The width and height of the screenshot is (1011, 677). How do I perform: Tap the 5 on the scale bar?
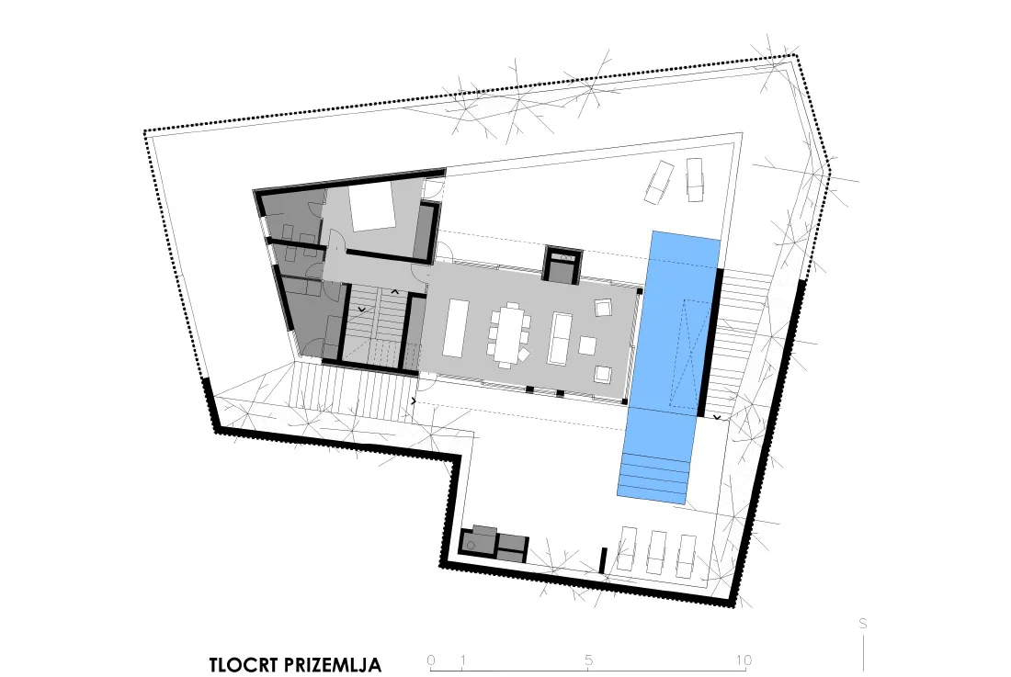pyautogui.click(x=588, y=660)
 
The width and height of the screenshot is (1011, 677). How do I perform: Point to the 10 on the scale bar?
pyautogui.click(x=744, y=660)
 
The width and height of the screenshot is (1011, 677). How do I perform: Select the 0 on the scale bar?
pyautogui.click(x=431, y=660)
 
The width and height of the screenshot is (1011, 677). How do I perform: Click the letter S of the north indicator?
pyautogui.click(x=863, y=624)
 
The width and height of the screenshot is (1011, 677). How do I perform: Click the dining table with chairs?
pyautogui.click(x=509, y=333)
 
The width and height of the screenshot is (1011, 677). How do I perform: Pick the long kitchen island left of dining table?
pyautogui.click(x=454, y=328)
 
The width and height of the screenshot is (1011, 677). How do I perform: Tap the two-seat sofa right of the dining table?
pyautogui.click(x=560, y=338)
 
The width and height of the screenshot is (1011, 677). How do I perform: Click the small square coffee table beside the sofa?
pyautogui.click(x=587, y=346)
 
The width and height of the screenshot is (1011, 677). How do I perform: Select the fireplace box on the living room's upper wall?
pyautogui.click(x=562, y=265)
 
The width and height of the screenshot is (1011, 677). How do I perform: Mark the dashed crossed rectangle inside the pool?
pyautogui.click(x=687, y=353)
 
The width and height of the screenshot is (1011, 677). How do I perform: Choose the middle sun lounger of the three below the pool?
pyautogui.click(x=656, y=553)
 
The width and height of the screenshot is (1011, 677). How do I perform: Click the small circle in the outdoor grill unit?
pyautogui.click(x=471, y=546)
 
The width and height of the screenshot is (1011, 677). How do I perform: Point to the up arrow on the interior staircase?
pyautogui.click(x=396, y=292)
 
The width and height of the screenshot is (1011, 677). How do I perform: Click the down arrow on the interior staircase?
pyautogui.click(x=362, y=310)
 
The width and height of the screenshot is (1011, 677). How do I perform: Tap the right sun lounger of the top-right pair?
pyautogui.click(x=695, y=180)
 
